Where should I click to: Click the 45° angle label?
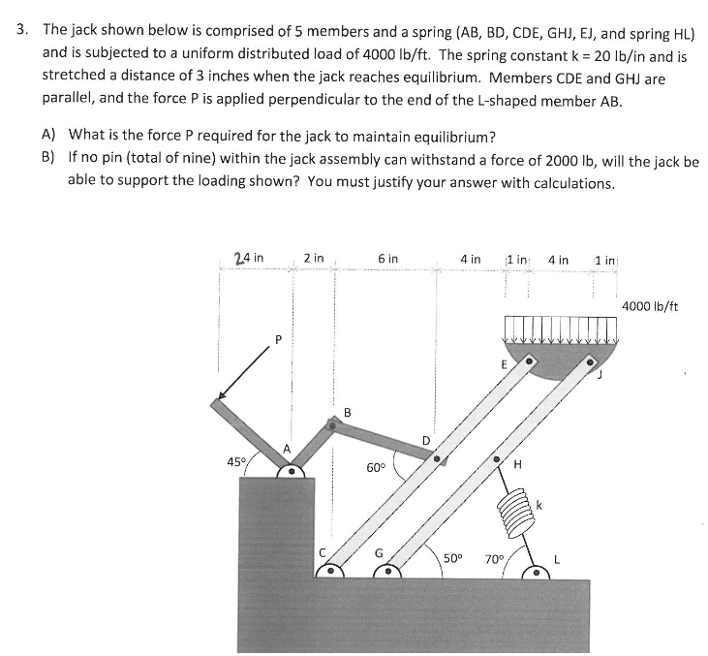coord(232,462)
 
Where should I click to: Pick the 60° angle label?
coord(378,468)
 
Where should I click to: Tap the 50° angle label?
coord(451,559)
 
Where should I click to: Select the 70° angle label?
coord(494,559)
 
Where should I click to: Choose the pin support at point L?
coord(535,572)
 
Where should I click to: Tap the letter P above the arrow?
coord(278,339)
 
